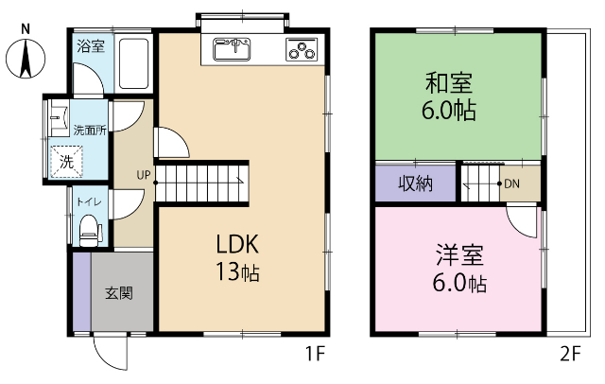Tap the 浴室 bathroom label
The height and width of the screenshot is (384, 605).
coord(91,44)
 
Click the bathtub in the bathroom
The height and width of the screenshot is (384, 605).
coord(132,65)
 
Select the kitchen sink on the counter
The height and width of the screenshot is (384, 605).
coord(232,46)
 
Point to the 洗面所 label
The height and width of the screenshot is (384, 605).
coord(90,131)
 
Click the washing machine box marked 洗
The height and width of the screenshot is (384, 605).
coord(67,162)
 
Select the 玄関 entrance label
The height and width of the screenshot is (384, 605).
coord(118,292)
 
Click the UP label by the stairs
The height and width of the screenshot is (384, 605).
coord(143,174)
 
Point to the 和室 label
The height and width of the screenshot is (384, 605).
coord(450,81)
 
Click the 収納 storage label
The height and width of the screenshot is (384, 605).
coord(414,183)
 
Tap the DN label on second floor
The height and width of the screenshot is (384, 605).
coord(511,183)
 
